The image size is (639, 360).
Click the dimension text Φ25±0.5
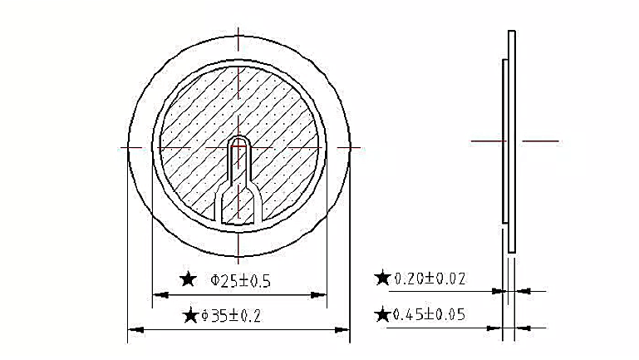pos(242,281)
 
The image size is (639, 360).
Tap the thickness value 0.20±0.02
pos(430,278)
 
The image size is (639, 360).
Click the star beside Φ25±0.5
pos(189,279)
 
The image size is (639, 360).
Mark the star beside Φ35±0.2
pos(190,315)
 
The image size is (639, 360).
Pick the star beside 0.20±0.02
pos(382,278)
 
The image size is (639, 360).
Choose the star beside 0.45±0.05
pos(382,314)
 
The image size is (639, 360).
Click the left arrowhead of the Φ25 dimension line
pos(158,293)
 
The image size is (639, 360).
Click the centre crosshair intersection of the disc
pos(239,146)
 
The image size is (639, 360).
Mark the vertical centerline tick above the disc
pos(239,37)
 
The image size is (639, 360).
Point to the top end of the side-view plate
pos(513,33)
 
